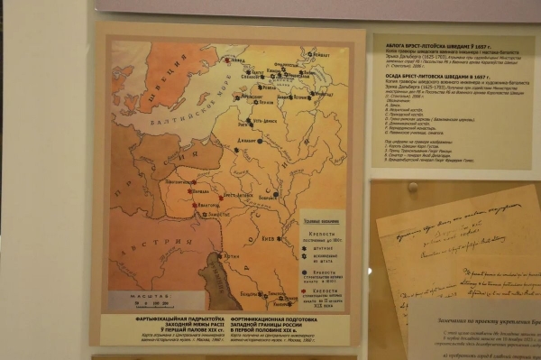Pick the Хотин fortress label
(x=225, y=264)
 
